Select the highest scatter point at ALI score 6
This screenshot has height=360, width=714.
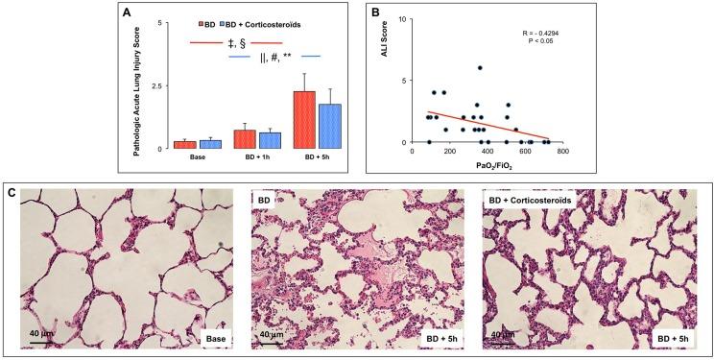point(480,68)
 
